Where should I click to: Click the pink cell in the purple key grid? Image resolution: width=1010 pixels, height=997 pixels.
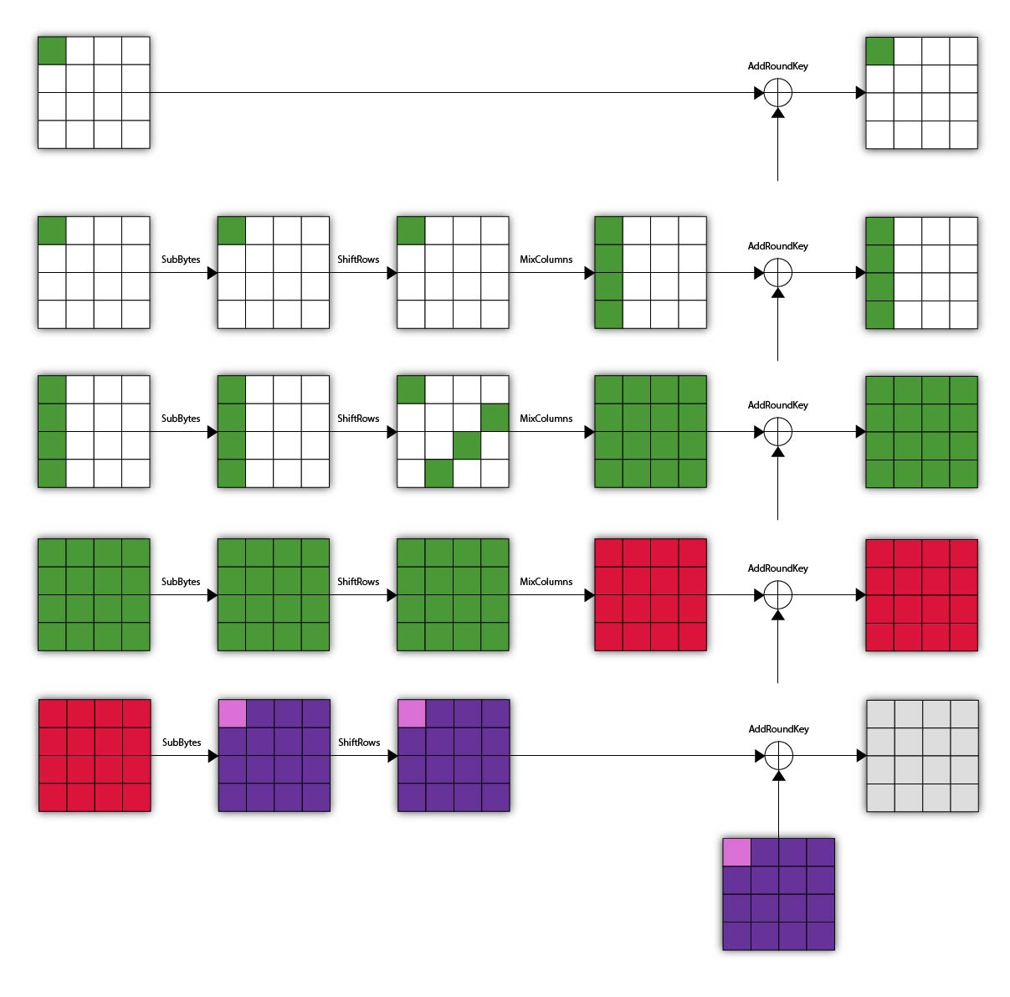point(736,852)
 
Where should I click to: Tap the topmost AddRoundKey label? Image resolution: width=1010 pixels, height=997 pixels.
point(778,66)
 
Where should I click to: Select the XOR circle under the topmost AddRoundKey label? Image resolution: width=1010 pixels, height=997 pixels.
point(778,93)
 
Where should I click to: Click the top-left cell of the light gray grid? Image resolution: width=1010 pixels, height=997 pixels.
point(880,714)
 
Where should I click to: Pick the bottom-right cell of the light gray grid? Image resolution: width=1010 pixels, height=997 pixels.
point(965,798)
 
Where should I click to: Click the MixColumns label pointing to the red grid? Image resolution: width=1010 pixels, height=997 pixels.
point(546,582)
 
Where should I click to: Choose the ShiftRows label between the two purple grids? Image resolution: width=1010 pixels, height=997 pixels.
point(359,743)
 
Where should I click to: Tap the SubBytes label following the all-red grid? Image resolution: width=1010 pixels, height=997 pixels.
point(182,743)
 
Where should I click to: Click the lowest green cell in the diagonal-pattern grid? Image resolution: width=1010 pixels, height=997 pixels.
point(438,474)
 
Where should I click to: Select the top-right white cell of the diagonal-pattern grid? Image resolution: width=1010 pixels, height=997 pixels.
point(495,389)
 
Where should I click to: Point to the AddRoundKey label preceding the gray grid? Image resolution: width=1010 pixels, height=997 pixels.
point(779,729)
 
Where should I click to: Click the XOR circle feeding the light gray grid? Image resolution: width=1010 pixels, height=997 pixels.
point(779,756)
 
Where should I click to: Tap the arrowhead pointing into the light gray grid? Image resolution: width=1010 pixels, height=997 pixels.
point(861,756)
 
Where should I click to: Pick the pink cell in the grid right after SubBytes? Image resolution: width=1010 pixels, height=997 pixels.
point(232,713)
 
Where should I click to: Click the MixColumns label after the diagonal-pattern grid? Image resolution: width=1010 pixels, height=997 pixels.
point(546,419)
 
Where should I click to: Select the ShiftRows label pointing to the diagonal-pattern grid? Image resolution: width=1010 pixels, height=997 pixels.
point(358,419)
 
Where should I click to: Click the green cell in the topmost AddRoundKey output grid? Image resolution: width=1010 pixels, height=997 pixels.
point(879,51)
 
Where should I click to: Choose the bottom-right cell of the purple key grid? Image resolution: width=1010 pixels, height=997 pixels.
point(821,936)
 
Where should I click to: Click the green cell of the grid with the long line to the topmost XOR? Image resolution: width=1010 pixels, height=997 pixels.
point(52,50)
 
